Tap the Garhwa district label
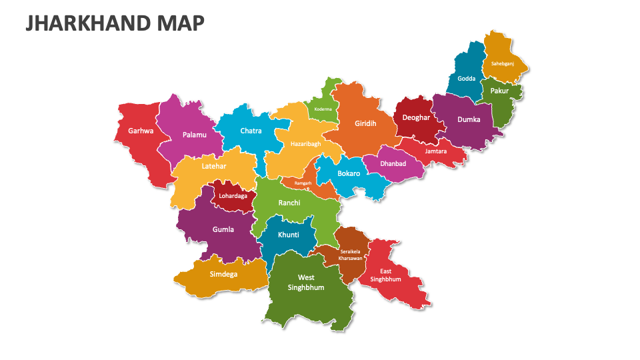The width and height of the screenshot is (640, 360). click(x=141, y=131)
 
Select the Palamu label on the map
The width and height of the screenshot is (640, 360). click(x=194, y=135)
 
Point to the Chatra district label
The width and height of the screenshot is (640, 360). click(x=251, y=131)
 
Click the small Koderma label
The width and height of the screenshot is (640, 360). click(x=323, y=109)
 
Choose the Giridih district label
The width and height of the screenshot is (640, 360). click(x=365, y=123)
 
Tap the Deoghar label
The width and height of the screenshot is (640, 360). click(x=415, y=117)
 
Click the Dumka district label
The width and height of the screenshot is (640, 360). click(x=468, y=120)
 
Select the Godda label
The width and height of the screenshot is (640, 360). click(x=467, y=78)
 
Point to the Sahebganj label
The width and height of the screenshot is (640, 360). click(x=503, y=63)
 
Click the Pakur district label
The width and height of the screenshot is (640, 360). click(x=499, y=91)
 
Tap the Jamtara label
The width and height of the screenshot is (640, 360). click(x=436, y=151)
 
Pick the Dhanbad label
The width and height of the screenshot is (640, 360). click(x=393, y=163)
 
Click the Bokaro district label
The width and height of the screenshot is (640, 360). click(x=349, y=173)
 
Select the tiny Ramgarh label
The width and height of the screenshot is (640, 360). click(x=303, y=183)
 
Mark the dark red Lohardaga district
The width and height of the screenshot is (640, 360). click(x=233, y=196)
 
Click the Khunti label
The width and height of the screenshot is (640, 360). click(x=288, y=235)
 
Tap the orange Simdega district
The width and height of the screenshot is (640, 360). click(x=223, y=274)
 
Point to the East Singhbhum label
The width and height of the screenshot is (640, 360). click(x=390, y=275)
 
